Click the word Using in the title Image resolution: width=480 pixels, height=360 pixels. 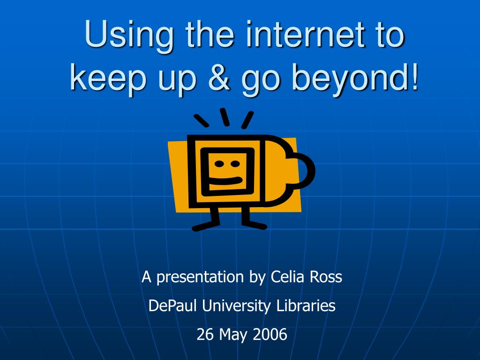coord(129,36)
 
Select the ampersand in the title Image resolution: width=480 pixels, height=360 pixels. coord(218,76)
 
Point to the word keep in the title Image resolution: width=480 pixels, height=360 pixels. coord(108,79)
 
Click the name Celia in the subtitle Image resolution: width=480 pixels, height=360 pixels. coord(287,277)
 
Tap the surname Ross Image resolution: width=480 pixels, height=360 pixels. coord(326,277)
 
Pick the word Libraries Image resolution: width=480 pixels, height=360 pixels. coord(306,306)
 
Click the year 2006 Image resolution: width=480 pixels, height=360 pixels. coord(270,334)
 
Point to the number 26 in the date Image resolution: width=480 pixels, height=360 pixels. coord(205,334)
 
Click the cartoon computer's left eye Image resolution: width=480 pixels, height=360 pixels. coord(219,164)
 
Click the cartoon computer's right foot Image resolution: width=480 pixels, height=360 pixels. coord(254,225)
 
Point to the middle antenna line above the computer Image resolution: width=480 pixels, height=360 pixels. coord(225,117)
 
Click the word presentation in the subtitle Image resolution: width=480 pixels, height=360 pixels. coord(200,277)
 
